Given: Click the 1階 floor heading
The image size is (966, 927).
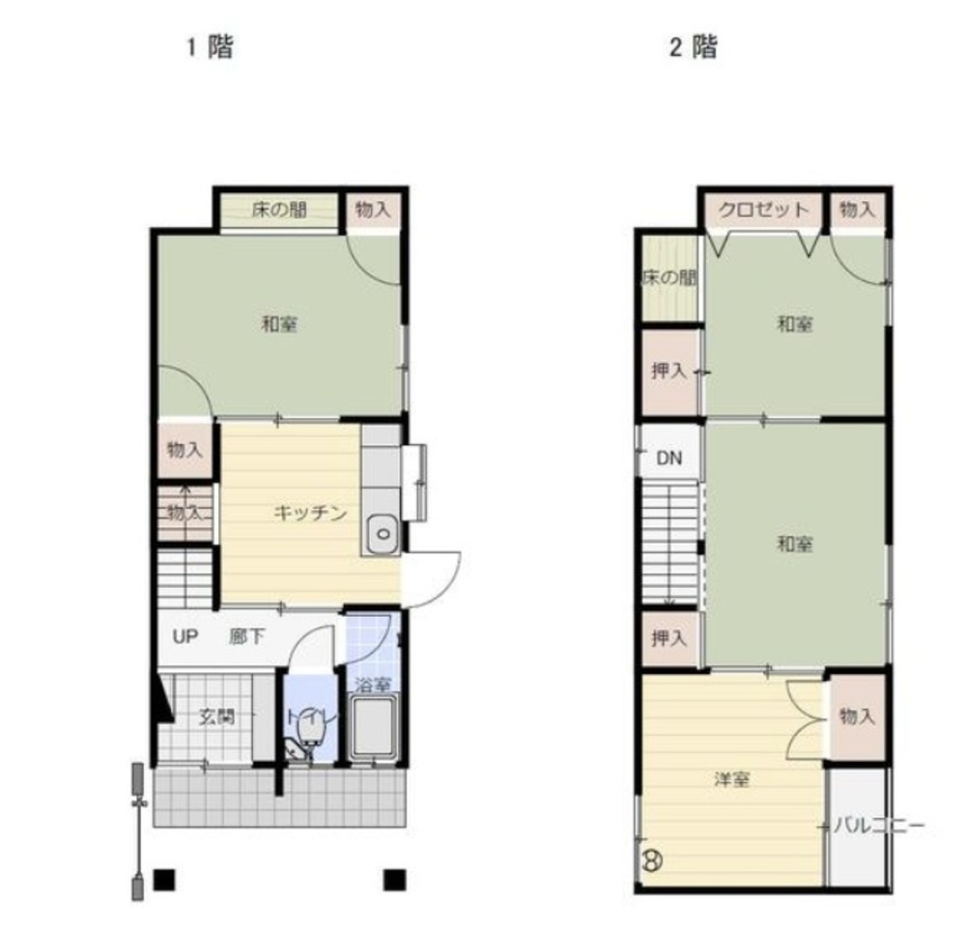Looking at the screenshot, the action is coord(210,46).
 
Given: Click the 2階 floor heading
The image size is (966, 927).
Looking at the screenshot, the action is coord(694,46).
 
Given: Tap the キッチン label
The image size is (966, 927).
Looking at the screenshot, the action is coord(310,513).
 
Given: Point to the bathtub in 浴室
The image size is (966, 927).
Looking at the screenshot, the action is coord(372,727).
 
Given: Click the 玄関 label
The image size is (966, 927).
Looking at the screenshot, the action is coord(216,716).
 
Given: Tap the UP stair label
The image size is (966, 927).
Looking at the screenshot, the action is coord(185,636).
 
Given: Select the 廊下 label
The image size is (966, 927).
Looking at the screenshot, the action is coord(247,636).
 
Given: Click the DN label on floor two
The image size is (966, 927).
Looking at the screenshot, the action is coord(669,459).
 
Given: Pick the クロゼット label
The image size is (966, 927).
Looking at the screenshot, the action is coord(763,210).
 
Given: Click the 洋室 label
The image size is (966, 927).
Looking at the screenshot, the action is coord(732,779).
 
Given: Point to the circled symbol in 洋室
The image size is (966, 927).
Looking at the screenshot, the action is coord(652,859).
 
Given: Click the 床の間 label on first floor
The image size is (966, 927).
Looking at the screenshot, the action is coord(279,210).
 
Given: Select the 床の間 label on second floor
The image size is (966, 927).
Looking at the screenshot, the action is coord(669,277).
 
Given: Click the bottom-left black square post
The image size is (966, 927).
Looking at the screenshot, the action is coord(164,880).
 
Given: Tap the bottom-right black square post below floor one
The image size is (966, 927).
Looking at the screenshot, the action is coord(395,880).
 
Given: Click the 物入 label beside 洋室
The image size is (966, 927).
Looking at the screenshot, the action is coord(857,716).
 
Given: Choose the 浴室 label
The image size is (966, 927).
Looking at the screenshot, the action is coord(373,685).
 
